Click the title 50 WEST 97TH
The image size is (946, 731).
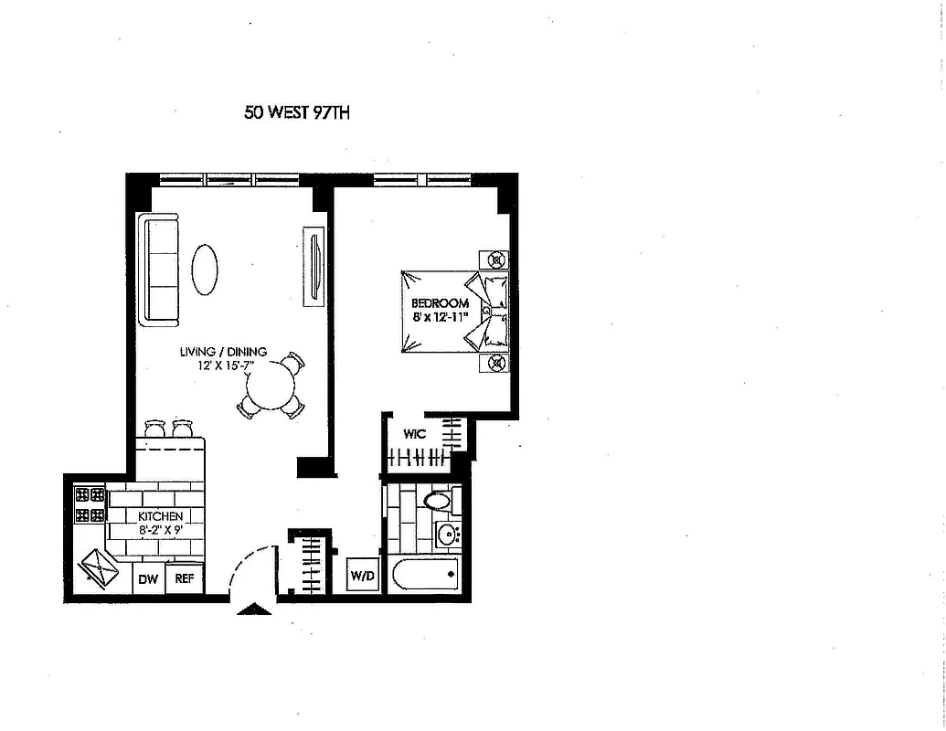click(x=297, y=113)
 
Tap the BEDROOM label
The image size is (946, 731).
click(x=440, y=303)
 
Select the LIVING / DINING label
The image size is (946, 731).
click(x=223, y=352)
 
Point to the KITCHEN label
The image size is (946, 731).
click(x=161, y=516)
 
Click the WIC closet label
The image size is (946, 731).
click(x=415, y=434)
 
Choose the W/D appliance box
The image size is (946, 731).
click(x=360, y=577)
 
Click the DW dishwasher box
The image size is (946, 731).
click(x=149, y=578)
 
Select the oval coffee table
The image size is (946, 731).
click(x=205, y=269)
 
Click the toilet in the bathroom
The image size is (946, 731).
click(x=439, y=502)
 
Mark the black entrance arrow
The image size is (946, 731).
click(x=253, y=609)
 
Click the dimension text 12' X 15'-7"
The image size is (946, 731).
click(x=223, y=365)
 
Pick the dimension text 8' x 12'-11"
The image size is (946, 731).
click(x=440, y=317)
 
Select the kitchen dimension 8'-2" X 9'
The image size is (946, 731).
click(x=161, y=529)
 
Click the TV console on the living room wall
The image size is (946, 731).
click(x=314, y=265)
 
